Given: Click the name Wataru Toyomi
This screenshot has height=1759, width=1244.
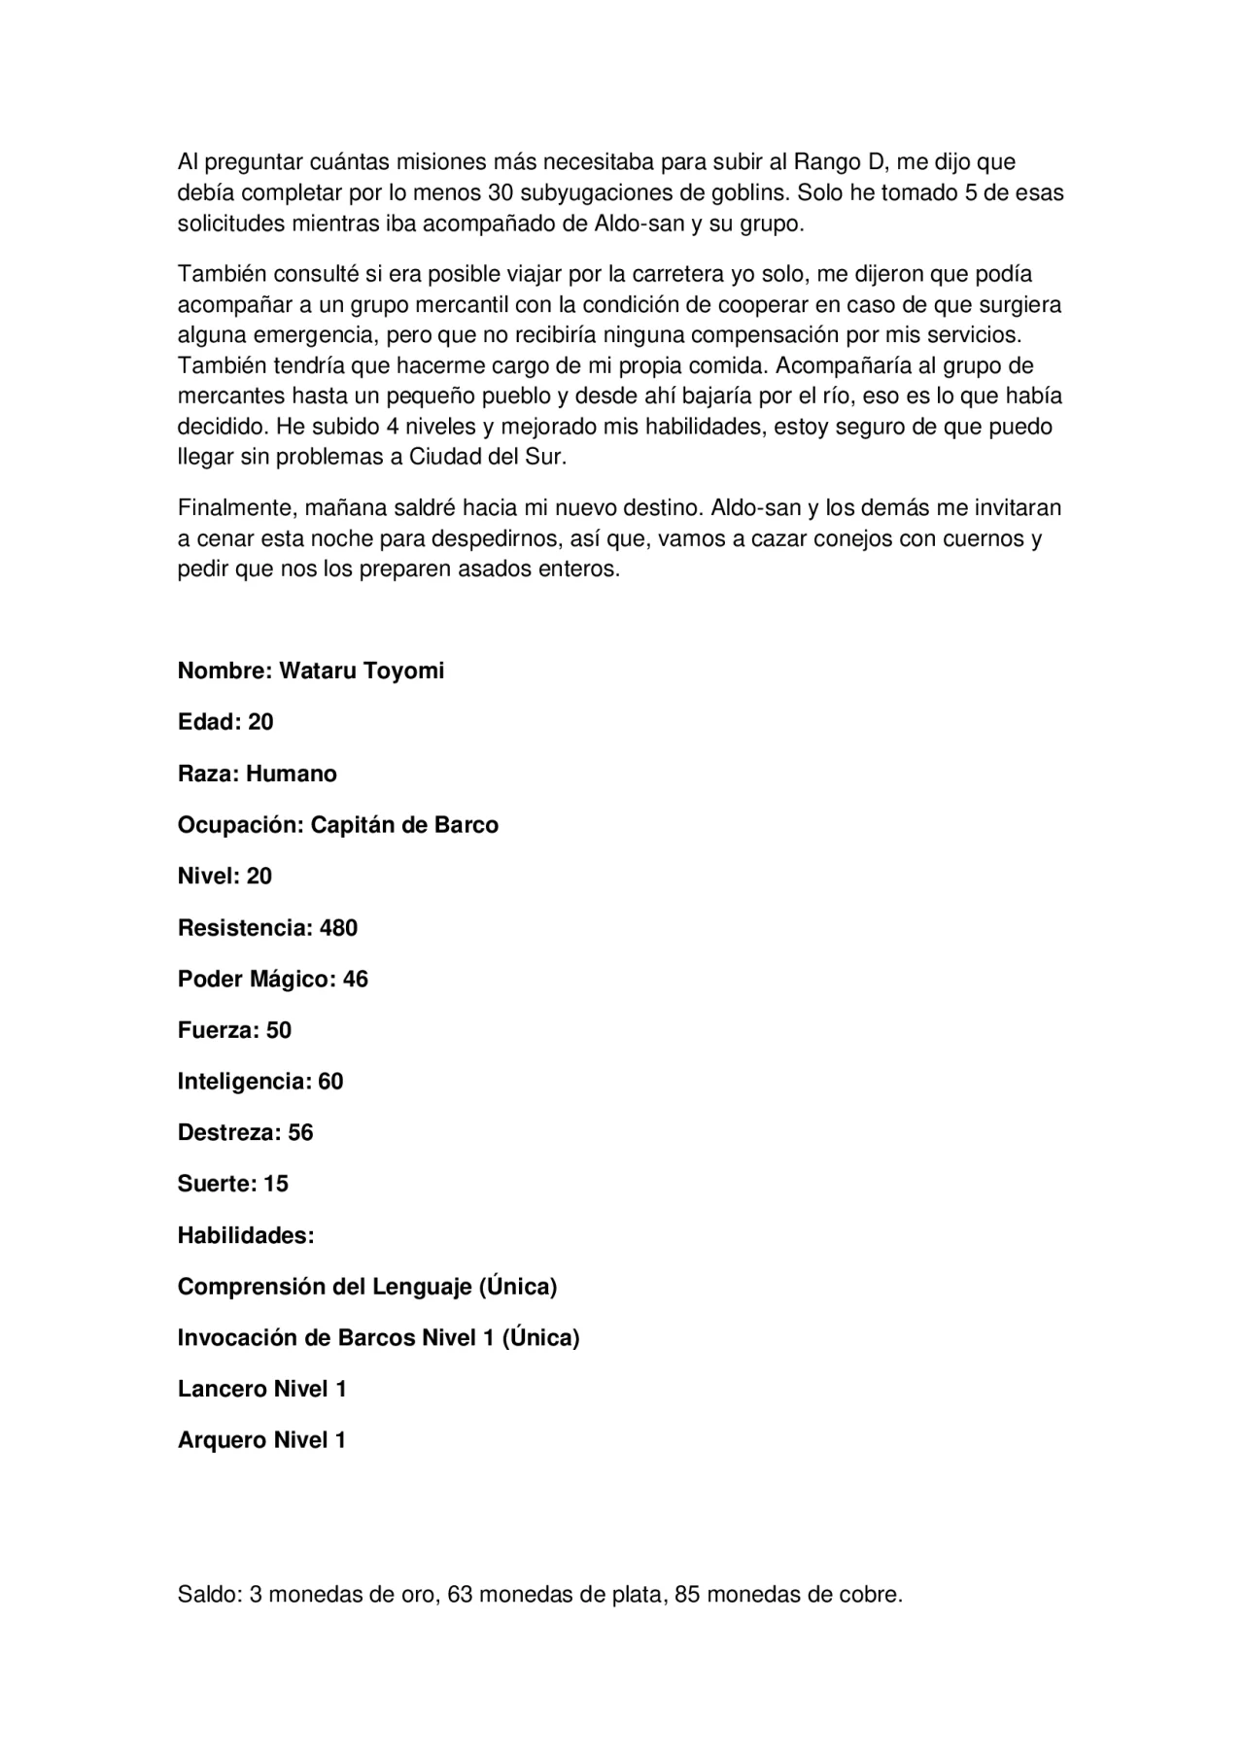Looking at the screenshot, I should pyautogui.click(x=362, y=672).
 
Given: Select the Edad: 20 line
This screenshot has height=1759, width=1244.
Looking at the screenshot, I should pyautogui.click(x=225, y=722).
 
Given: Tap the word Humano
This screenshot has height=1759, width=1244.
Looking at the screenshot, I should pyautogui.click(x=292, y=775).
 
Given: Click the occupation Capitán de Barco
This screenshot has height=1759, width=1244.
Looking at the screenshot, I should pyautogui.click(x=404, y=825).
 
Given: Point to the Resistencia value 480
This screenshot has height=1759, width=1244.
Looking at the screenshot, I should pyautogui.click(x=338, y=928).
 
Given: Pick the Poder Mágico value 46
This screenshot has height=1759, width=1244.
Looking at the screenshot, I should pyautogui.click(x=356, y=980).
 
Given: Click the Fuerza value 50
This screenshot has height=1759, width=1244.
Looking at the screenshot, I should pyautogui.click(x=279, y=1031).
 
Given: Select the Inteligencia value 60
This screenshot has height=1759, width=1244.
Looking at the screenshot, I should pyautogui.click(x=330, y=1082).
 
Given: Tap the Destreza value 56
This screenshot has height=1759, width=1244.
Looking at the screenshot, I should pyautogui.click(x=300, y=1133).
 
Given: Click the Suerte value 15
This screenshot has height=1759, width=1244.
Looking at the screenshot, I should pyautogui.click(x=276, y=1185).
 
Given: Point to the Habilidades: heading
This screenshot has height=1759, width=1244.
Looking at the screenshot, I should pyautogui.click(x=246, y=1236).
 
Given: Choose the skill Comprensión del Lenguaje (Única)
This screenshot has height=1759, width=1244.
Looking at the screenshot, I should pyautogui.click(x=367, y=1288).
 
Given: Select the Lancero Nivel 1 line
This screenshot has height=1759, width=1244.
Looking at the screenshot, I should pyautogui.click(x=262, y=1390).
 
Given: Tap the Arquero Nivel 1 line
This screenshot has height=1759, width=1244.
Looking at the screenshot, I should pyautogui.click(x=261, y=1441).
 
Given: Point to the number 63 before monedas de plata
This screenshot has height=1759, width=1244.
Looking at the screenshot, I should pyautogui.click(x=460, y=1595).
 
